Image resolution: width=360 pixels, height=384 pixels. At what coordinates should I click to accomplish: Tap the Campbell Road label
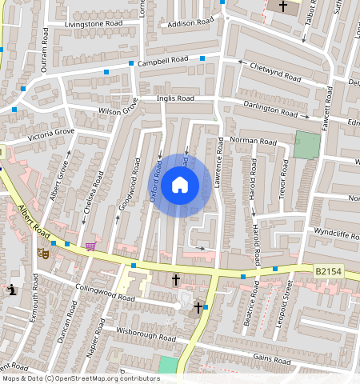click(162, 60)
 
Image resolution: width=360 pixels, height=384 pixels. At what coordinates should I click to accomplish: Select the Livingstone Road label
click(94, 25)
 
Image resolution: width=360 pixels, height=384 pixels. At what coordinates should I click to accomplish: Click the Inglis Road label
click(175, 98)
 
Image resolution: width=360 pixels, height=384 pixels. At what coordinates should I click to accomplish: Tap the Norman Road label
click(253, 142)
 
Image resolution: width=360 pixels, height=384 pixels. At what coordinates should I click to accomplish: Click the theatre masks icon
click(43, 253)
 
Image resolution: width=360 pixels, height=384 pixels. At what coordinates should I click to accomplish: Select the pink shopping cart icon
click(90, 246)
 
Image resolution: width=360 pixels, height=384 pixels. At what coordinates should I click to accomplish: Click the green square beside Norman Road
click(306, 144)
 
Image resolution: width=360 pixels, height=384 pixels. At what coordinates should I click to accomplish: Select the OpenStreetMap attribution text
click(81, 378)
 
